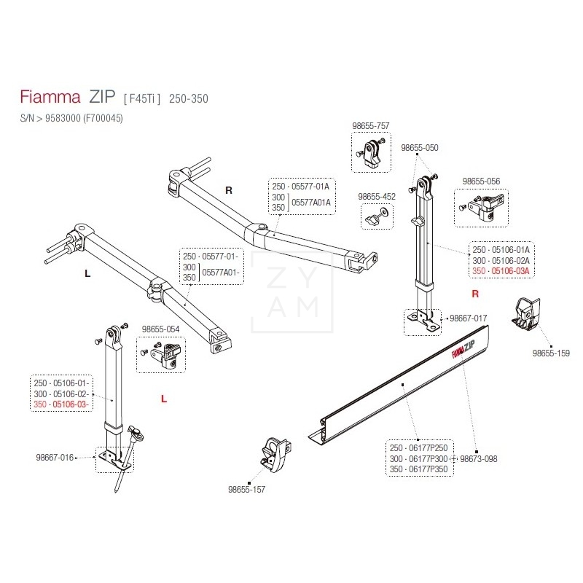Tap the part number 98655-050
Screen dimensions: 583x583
click(420, 147)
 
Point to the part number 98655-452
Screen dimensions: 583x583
click(377, 196)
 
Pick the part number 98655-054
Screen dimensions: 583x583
click(160, 329)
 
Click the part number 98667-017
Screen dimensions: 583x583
click(469, 318)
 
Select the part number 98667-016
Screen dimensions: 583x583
click(55, 458)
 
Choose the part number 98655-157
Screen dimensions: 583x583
click(247, 490)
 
